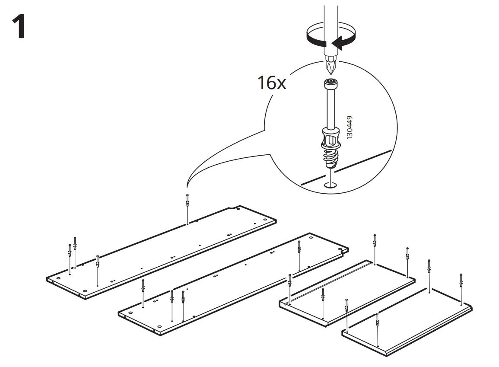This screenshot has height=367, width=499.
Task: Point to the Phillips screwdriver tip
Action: click(x=331, y=67)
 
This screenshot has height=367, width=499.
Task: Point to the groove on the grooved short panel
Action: click(x=328, y=281)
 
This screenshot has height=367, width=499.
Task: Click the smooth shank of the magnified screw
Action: click(x=331, y=108)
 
